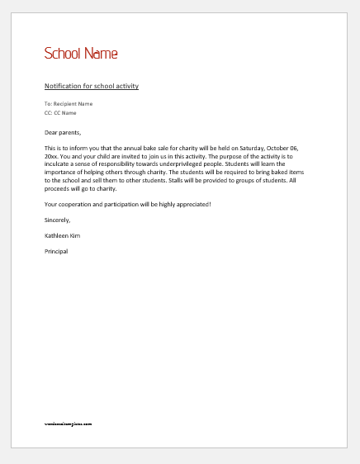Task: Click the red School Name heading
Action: pos(81,54)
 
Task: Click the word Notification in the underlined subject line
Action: pos(63,86)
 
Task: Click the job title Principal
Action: pos(56,251)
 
